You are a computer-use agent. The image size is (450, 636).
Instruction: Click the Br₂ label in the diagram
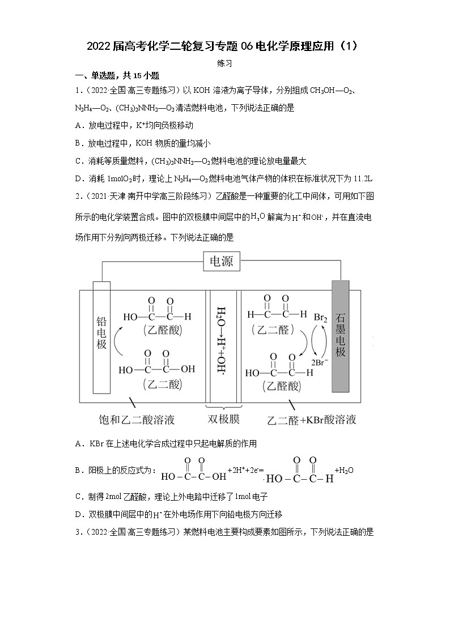[321, 318]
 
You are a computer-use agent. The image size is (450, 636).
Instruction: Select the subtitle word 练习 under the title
[224, 63]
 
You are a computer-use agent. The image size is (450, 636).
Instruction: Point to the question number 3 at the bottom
[78, 532]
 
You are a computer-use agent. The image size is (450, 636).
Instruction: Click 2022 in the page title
[99, 46]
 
